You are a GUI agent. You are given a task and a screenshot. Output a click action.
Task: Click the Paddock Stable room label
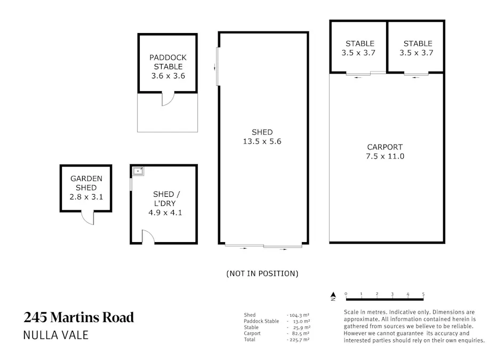tap(168, 62)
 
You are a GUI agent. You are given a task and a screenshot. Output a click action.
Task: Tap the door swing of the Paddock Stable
tap(168, 99)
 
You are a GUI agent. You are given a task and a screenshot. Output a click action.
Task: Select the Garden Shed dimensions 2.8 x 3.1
tap(86, 197)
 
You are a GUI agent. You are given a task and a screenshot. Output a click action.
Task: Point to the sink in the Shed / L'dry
tap(139, 171)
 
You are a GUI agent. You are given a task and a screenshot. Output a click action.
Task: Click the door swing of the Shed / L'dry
tap(148, 237)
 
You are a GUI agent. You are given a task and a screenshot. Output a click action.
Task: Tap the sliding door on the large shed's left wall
tap(217, 67)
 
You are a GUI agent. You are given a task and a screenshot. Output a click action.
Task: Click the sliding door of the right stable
tap(416, 75)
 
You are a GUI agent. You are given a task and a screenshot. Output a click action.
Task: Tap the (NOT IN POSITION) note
tap(262, 274)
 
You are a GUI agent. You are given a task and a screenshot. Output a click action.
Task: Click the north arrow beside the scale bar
tap(333, 294)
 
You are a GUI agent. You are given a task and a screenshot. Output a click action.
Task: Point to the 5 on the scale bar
tap(423, 294)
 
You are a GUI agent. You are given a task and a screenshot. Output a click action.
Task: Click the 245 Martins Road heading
tap(78, 318)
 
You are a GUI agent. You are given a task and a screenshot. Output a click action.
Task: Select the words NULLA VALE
tap(55, 335)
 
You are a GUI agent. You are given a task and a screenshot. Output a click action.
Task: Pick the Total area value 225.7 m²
tap(299, 339)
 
